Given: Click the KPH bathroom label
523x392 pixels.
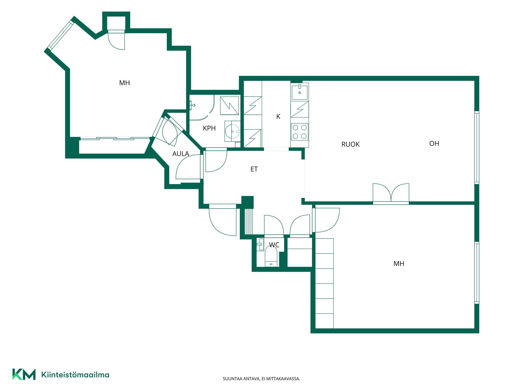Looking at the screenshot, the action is pyautogui.click(x=209, y=128).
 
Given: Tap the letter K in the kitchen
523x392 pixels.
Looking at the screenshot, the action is pyautogui.click(x=278, y=117).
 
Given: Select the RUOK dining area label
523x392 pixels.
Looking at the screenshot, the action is pyautogui.click(x=350, y=144).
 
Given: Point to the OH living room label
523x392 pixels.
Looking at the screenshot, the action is pyautogui.click(x=434, y=143).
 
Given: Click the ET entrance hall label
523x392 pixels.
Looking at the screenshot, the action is pyautogui.click(x=254, y=169).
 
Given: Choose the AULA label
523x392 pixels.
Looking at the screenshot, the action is pyautogui.click(x=181, y=154).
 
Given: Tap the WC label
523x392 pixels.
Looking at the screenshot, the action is pyautogui.click(x=274, y=245).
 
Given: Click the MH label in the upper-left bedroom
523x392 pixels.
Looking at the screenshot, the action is pyautogui.click(x=124, y=83).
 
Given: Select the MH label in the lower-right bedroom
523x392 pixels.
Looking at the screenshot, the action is pyautogui.click(x=399, y=264).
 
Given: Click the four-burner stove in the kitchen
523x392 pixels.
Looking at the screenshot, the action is pyautogui.click(x=300, y=131).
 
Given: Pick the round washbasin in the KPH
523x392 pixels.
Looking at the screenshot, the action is pyautogui.click(x=233, y=131).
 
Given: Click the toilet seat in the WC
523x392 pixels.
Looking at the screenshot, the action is pyautogui.click(x=271, y=256).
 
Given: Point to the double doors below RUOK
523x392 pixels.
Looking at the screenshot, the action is pyautogui.click(x=391, y=194).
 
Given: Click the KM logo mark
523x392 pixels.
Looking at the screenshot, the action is pyautogui.click(x=24, y=374).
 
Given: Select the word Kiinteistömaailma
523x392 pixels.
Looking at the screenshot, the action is pyautogui.click(x=75, y=375).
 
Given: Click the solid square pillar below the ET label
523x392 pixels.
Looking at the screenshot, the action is pyautogui.click(x=248, y=202).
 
